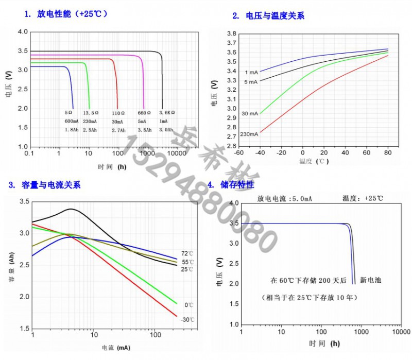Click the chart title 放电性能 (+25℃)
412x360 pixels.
click(72, 14)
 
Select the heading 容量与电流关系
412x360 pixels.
click(51, 185)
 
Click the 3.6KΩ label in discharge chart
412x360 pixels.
click(167, 112)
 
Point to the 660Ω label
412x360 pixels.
click(144, 112)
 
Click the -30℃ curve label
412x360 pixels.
click(187, 320)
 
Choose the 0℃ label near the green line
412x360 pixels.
click(188, 305)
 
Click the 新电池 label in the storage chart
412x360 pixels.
click(370, 281)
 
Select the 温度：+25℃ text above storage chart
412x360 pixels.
click(363, 198)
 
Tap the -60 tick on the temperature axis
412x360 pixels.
click(238, 153)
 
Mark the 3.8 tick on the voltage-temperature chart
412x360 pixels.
click(231, 33)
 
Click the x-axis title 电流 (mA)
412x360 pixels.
click(116, 348)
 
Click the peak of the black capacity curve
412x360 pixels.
click(71, 209)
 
